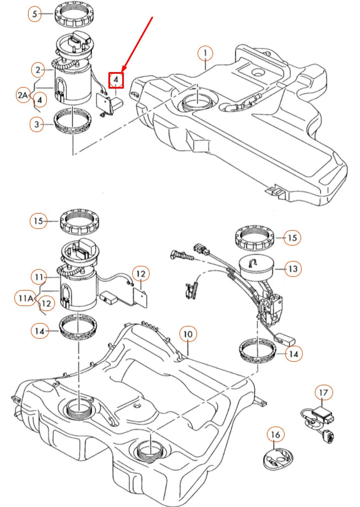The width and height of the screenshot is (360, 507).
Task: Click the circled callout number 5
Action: click(x=36, y=14)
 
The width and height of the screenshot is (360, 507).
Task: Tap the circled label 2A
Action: click(x=22, y=95)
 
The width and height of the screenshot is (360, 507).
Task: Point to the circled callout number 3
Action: click(x=37, y=125)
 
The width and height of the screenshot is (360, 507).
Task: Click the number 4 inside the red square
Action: click(x=116, y=80)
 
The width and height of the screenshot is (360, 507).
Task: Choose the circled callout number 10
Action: click(x=188, y=334)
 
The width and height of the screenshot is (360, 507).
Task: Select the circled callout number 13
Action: click(x=293, y=269)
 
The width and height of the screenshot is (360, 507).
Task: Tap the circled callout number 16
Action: click(x=275, y=435)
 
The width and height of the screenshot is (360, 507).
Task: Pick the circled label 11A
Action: click(x=24, y=299)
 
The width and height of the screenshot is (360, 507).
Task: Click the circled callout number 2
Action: click(x=38, y=69)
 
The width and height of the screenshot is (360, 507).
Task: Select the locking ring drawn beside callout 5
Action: click(x=77, y=14)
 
